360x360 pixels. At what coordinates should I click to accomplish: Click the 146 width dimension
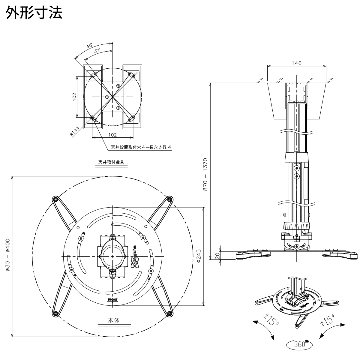pos(296,63)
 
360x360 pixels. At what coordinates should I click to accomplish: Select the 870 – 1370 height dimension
pos(205,174)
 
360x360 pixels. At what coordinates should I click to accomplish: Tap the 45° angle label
pos(89,46)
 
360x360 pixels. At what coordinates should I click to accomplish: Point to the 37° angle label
pos(97,51)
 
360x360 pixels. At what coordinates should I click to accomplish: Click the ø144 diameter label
pos(75,132)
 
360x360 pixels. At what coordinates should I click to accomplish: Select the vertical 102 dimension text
pos(74,97)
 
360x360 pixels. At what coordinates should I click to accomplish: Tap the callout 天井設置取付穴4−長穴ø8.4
pos(141,147)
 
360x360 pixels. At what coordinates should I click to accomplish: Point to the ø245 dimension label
pos(199,256)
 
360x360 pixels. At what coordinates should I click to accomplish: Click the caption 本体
pos(114,320)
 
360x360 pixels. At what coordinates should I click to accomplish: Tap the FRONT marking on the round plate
pos(112,299)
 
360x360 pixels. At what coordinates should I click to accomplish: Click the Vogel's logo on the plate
pos(135,255)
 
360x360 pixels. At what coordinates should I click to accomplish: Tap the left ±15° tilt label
pos(271,320)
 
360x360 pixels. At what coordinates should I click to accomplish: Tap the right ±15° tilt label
pos(327,320)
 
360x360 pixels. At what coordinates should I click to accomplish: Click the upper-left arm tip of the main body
pos(55,199)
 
